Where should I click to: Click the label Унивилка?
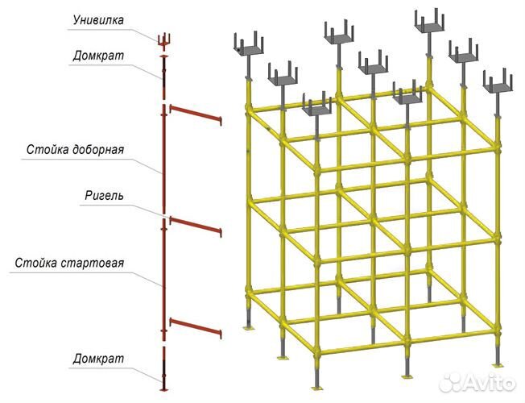coord(98,20)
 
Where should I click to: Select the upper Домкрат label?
coord(98,56)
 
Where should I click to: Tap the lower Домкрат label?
coord(98,359)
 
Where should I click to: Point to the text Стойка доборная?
coord(76,149)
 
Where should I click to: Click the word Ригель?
coord(104,195)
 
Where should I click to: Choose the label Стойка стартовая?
coord(69,263)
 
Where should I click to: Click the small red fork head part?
coord(164,40)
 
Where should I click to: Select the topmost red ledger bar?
coord(196,114)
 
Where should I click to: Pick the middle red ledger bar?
coord(196,226)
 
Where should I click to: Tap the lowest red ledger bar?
coord(196,328)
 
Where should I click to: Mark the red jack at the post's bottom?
coord(163,369)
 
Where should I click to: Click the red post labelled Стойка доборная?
coord(163,159)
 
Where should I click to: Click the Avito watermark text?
coord(490,382)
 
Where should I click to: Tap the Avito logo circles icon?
coord(450,382)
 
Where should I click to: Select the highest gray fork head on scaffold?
coord(429,22)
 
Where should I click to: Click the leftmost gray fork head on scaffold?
coord(249,44)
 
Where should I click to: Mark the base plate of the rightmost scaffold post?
coord(498,365)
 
